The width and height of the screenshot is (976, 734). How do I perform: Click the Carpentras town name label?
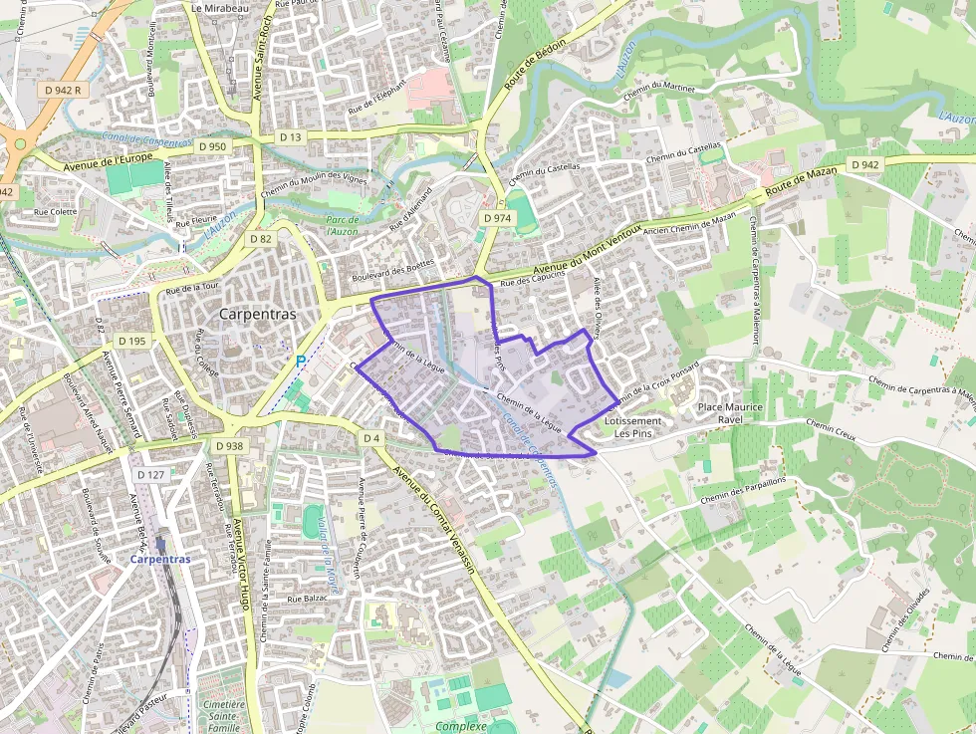tap(257, 314)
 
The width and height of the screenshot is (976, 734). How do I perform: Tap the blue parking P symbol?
tap(301, 362)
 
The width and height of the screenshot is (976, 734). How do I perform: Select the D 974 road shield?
tap(496, 218)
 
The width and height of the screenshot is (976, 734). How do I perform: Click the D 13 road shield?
tap(290, 137)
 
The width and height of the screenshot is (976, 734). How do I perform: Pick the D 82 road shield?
tap(261, 239)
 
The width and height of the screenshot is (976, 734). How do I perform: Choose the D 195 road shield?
tap(131, 341)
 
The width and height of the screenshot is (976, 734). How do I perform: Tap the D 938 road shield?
tap(229, 446)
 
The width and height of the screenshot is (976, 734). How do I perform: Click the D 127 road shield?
tap(150, 475)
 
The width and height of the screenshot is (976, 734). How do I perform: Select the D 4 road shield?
tap(371, 438)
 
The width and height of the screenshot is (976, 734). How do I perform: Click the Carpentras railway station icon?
tap(159, 544)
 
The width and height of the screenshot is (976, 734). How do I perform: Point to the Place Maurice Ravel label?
tap(730, 413)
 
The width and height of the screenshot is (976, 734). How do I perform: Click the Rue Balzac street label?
tap(308, 599)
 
